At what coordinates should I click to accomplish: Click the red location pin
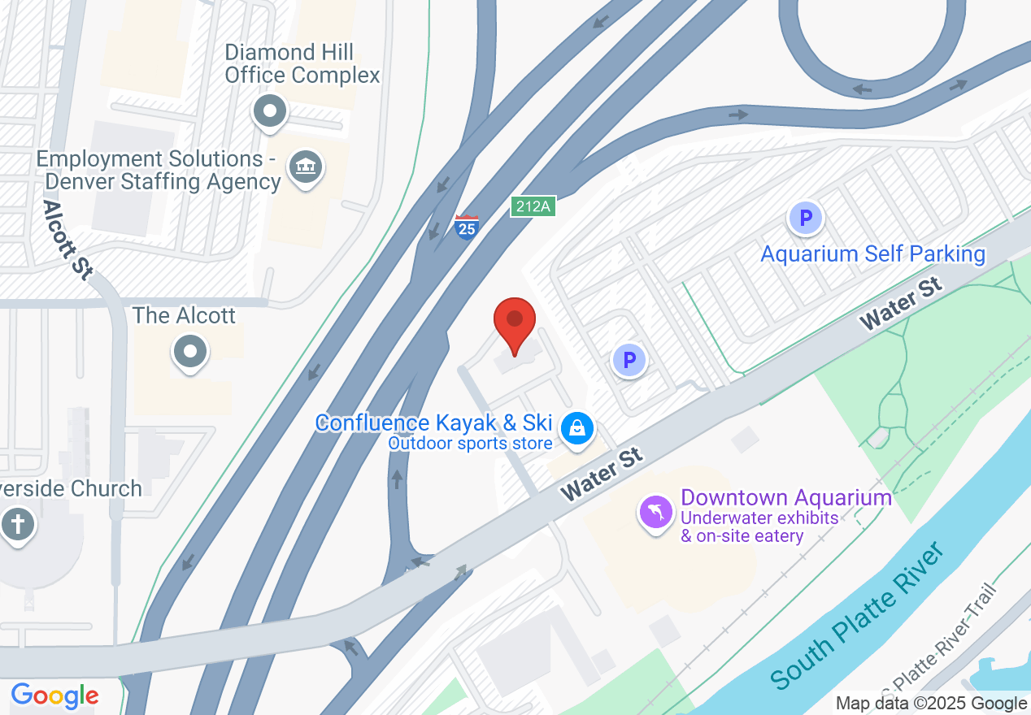(515, 323)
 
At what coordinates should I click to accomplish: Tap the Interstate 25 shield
(467, 227)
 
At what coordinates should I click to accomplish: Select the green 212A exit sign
(533, 206)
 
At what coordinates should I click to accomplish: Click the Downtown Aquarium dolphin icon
(656, 513)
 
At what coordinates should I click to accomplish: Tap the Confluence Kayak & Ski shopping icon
(577, 427)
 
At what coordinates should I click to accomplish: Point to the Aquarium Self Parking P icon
(805, 218)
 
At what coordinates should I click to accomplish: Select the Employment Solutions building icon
(306, 168)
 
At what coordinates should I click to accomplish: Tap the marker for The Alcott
(190, 352)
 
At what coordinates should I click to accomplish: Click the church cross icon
(17, 524)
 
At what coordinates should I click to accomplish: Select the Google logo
(54, 695)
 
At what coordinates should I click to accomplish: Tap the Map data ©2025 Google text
(931, 704)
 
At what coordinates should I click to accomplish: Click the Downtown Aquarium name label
(785, 497)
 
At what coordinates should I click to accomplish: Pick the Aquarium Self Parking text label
(872, 254)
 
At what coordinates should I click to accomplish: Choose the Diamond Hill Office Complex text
(302, 64)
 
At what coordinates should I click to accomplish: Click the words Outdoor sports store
(470, 444)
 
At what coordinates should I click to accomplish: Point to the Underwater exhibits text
(759, 518)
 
